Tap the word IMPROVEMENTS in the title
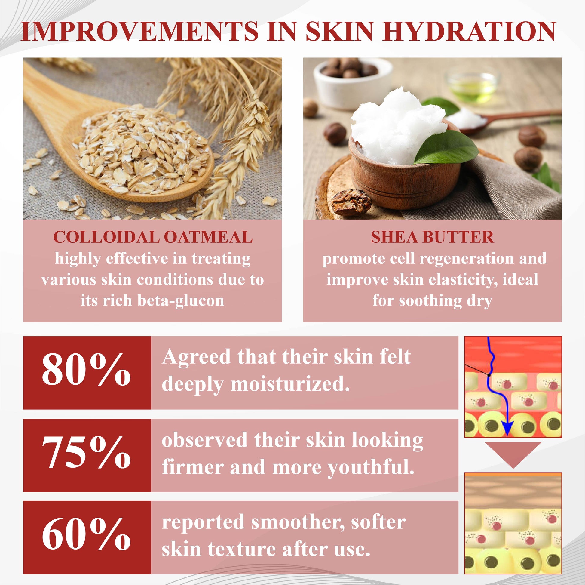139,32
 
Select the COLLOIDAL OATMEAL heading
153,237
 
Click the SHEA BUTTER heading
432,237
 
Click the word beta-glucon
181,301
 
